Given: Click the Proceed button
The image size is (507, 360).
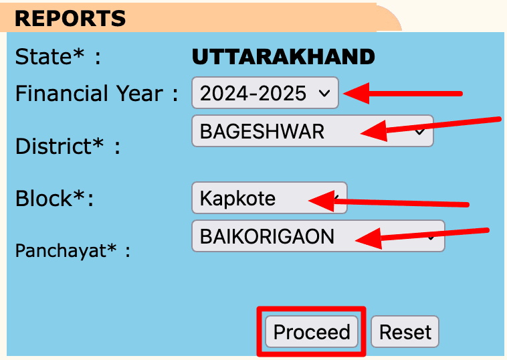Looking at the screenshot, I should coord(312,332).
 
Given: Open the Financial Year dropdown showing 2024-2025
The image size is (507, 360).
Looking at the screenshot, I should coord(265,93).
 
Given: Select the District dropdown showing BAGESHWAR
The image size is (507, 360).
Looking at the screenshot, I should coord(312,131).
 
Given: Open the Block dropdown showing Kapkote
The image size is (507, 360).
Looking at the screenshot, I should coord(269,198).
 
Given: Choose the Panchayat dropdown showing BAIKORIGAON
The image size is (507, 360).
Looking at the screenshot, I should coord(318,236).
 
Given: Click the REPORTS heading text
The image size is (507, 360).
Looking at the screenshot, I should coord(70,18).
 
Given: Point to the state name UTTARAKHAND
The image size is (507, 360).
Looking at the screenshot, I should coord(283,57).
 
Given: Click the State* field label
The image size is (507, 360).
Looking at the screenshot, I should coord(58,57).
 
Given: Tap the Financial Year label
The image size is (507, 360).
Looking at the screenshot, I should coord(97,94).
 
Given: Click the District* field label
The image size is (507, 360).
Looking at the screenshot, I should coord(67,146).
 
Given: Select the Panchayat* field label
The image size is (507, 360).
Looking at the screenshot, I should coord(72,251).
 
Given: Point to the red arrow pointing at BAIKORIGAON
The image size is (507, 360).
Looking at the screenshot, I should coord(421,235).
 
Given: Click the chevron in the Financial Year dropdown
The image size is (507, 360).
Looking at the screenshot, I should coord(324,94).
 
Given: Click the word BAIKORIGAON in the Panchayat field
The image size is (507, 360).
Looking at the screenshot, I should coord(268,236).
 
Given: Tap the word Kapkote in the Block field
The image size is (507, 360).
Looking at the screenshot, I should coord(237,199).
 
